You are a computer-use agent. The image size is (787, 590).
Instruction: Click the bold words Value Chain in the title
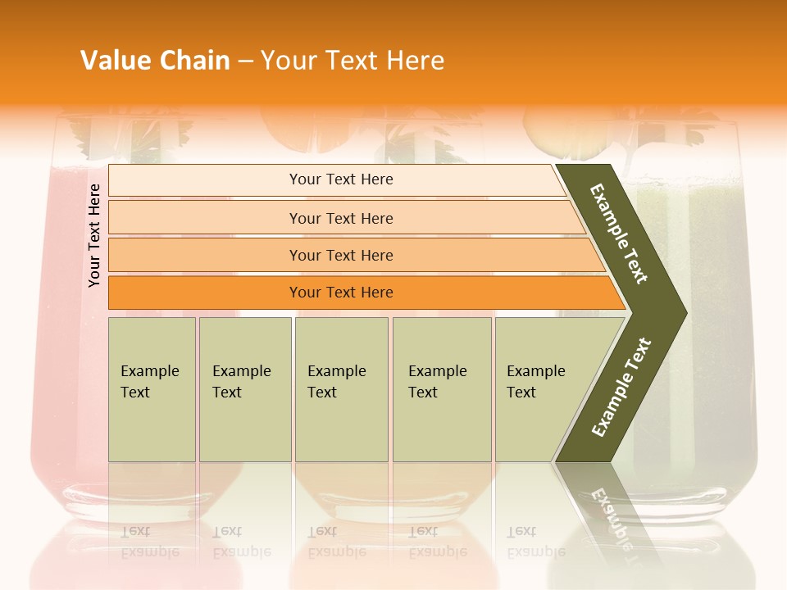click(x=155, y=61)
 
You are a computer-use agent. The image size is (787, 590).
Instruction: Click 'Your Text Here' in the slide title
click(x=353, y=61)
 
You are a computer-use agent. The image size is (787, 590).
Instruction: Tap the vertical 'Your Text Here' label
click(x=94, y=235)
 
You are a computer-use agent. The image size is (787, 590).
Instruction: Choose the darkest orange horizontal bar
click(x=205, y=293)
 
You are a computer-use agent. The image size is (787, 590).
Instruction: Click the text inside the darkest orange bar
click(x=341, y=293)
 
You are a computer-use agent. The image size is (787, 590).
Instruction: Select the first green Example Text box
click(x=152, y=389)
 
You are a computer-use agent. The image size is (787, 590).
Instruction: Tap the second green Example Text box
click(x=245, y=389)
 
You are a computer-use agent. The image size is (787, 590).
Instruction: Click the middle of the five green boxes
click(x=341, y=389)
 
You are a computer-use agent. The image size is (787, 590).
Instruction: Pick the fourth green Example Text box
click(x=442, y=389)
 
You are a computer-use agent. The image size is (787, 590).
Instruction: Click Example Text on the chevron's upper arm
click(x=619, y=234)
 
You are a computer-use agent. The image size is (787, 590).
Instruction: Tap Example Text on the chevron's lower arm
click(x=621, y=388)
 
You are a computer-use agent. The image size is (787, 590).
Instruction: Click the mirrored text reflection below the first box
click(x=149, y=542)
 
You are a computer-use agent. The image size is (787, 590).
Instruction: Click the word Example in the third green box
click(x=336, y=371)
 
